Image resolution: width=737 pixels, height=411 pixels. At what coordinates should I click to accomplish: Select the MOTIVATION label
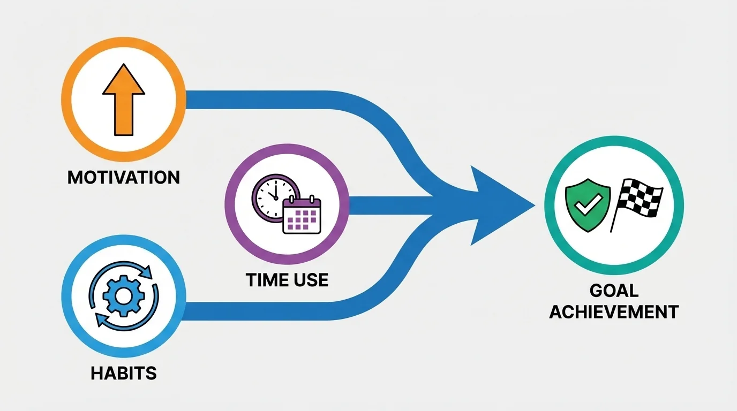click(124, 177)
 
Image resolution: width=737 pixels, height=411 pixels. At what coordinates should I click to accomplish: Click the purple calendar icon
click(302, 216)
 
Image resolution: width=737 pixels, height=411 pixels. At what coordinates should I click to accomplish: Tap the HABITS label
click(124, 373)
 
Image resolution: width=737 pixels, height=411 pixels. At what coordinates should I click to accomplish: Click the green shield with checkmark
click(588, 206)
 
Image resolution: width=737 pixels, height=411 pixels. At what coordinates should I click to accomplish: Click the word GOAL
click(614, 291)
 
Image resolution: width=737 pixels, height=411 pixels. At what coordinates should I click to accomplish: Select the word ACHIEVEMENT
click(614, 311)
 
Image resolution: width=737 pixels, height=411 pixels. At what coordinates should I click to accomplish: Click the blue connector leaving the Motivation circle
click(268, 100)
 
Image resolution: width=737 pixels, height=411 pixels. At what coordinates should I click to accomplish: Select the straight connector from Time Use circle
click(391, 205)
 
